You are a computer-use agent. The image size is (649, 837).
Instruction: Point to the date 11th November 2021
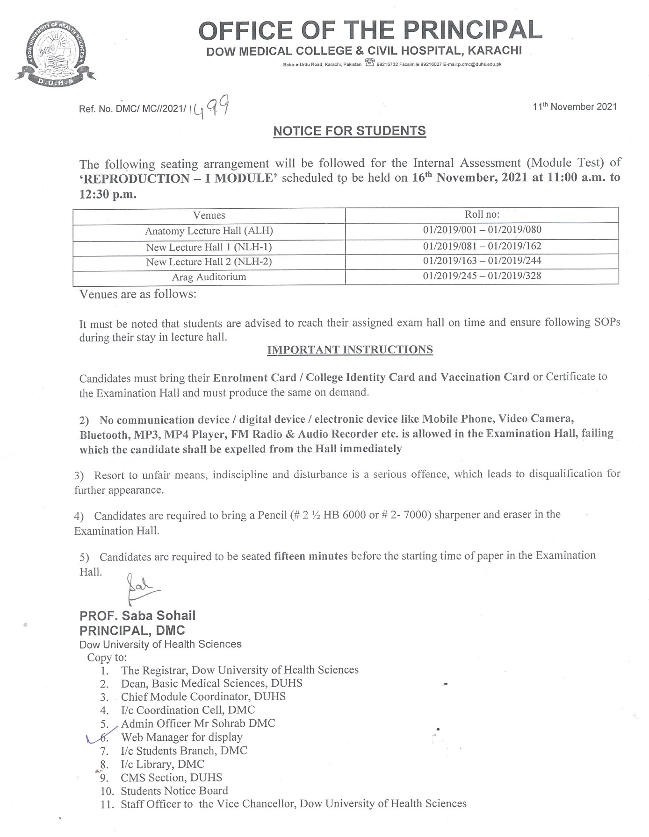click(574, 107)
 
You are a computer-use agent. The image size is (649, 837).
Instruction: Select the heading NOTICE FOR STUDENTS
click(349, 131)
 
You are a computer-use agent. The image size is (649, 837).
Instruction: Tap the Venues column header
click(209, 215)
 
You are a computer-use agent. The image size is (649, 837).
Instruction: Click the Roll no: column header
click(482, 214)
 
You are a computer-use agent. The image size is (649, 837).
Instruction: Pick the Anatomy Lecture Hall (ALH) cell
click(209, 231)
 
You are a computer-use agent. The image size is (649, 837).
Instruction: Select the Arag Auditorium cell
click(209, 277)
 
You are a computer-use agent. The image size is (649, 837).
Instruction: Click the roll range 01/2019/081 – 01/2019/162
click(482, 246)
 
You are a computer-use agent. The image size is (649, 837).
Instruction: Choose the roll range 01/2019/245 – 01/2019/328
click(482, 276)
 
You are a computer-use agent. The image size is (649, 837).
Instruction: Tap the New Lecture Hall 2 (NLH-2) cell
click(209, 262)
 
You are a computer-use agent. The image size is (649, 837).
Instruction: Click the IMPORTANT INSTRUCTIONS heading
click(350, 350)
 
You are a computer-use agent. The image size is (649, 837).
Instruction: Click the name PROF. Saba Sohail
click(137, 616)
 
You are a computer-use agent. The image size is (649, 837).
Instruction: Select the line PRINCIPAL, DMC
click(132, 631)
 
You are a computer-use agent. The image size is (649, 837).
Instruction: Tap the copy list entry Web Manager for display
click(181, 737)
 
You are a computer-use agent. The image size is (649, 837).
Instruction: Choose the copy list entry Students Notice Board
click(174, 791)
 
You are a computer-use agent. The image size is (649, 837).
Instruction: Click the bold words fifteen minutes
click(310, 556)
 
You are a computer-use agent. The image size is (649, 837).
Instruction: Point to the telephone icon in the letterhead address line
click(370, 63)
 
